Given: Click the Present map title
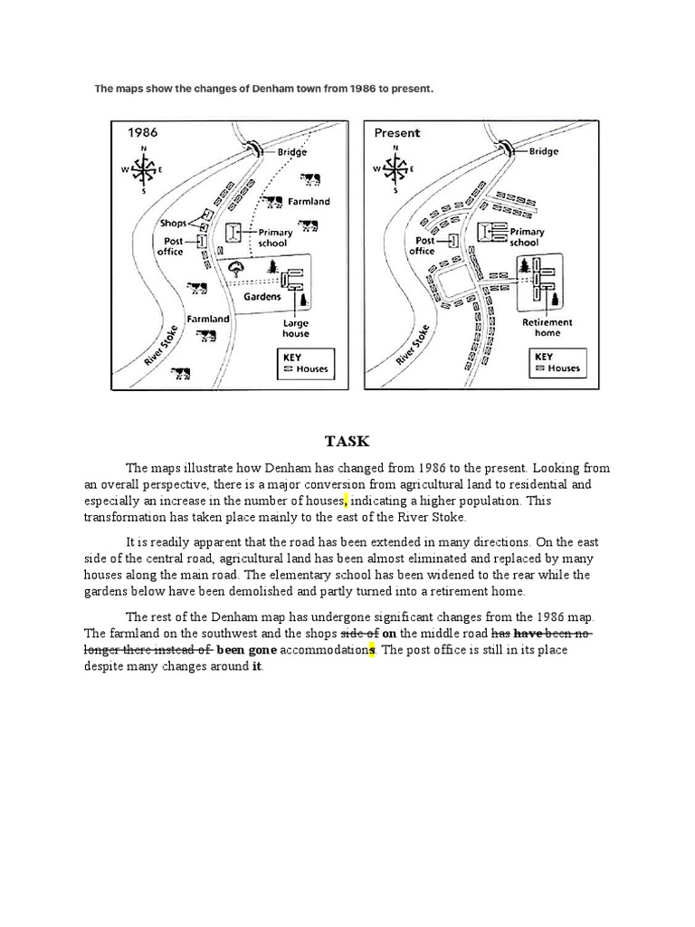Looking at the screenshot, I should tap(396, 132).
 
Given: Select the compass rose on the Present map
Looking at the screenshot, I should tap(395, 169).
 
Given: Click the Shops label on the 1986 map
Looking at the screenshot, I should tap(173, 223).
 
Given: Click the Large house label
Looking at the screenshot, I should tap(295, 328).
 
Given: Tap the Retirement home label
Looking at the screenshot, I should tap(547, 327).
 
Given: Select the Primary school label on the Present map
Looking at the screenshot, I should tap(527, 237).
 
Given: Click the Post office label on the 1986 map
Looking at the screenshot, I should tap(173, 245).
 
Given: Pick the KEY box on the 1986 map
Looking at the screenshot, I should tap(304, 364).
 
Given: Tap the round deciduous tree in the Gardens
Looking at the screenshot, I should tap(237, 268).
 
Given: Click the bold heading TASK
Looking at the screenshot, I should tap(347, 441).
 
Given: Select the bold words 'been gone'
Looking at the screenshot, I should tap(246, 650).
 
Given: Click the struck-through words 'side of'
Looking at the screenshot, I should tap(359, 633).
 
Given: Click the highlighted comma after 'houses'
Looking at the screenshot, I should tap(345, 501).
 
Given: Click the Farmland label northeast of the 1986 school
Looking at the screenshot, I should tap(309, 201).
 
